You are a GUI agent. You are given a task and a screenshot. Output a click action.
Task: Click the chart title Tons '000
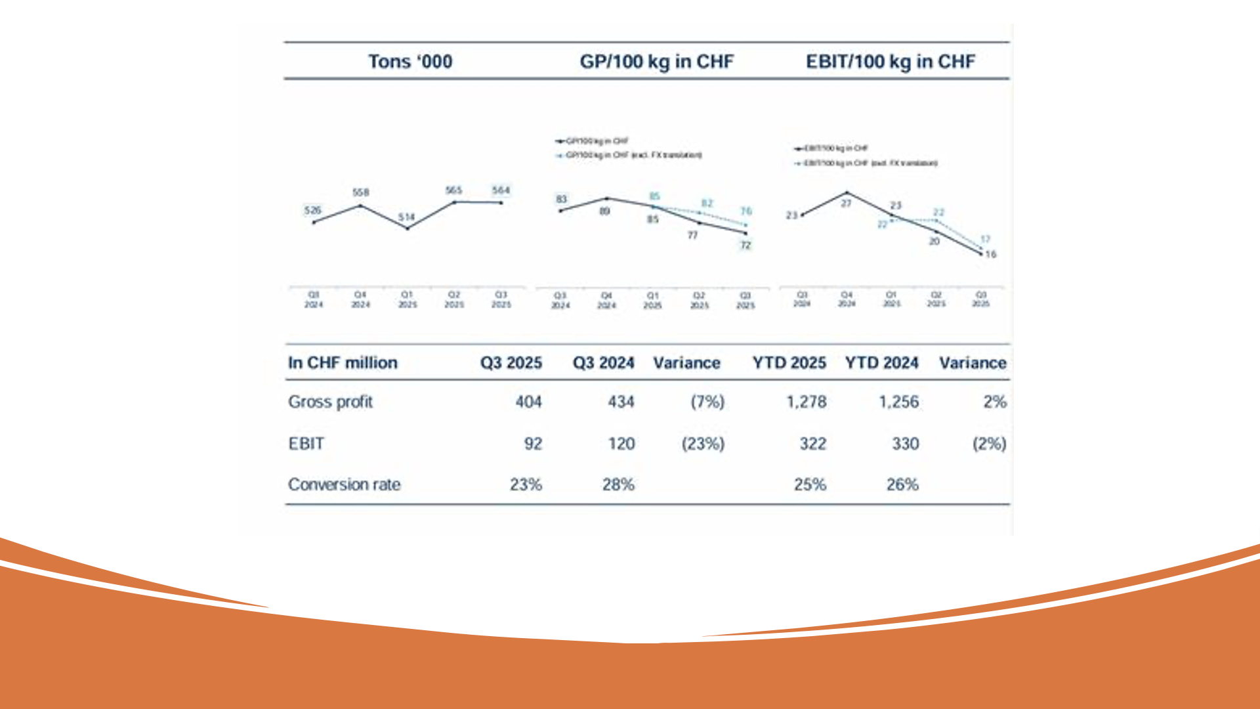(x=410, y=62)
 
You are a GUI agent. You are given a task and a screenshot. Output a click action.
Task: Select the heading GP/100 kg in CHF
(x=656, y=62)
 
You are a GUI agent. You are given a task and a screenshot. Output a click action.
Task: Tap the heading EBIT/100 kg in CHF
(x=890, y=62)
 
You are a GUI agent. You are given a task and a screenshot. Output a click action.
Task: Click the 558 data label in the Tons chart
(x=361, y=192)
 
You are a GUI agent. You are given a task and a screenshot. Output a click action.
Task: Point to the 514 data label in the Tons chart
(x=406, y=217)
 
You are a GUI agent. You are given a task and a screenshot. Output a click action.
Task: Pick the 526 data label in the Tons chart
(x=313, y=210)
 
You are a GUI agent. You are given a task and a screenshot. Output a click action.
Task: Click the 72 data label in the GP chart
(x=745, y=246)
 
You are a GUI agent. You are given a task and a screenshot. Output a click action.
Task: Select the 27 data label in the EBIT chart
(x=847, y=204)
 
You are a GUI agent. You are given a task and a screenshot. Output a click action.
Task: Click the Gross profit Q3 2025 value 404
(x=528, y=402)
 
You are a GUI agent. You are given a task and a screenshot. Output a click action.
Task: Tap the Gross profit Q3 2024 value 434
(x=621, y=402)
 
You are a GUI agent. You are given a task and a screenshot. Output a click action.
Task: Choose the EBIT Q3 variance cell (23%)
(x=703, y=444)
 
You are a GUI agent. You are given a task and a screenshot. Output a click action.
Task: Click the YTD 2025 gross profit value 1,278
(x=807, y=402)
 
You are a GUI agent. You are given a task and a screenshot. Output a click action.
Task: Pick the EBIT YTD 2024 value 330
(x=905, y=444)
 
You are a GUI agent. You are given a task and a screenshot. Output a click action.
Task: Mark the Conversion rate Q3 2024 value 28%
(x=618, y=484)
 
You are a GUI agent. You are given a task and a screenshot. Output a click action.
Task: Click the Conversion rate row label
(x=344, y=484)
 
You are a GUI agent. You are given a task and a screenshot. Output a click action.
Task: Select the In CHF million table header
(x=343, y=363)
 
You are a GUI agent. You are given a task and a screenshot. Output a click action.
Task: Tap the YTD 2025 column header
(x=789, y=363)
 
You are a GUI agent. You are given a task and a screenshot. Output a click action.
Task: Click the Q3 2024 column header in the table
(x=603, y=363)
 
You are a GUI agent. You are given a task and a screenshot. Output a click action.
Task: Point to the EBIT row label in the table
(x=306, y=444)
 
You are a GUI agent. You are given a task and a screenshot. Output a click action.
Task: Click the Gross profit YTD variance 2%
(x=994, y=402)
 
